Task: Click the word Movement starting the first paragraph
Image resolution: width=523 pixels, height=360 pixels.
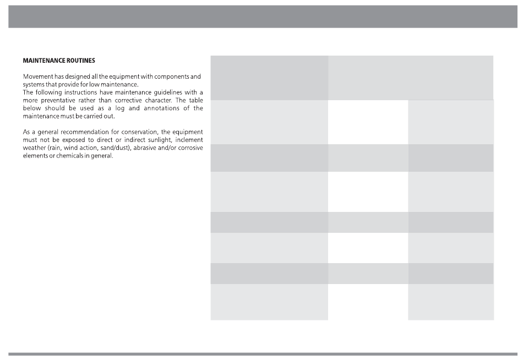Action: pos(37,76)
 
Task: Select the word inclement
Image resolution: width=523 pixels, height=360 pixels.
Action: pos(189,140)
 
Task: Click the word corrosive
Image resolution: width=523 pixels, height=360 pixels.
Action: pos(189,148)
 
